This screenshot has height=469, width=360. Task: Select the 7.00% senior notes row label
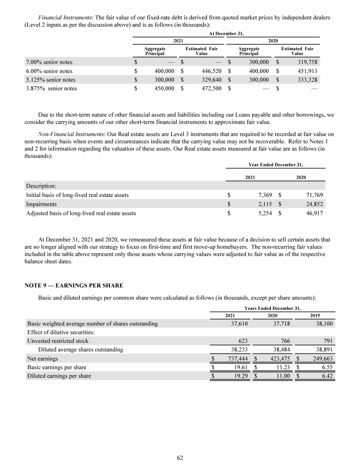point(49,62)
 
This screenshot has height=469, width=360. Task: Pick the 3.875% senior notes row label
point(52,88)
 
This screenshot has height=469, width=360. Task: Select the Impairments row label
point(42,204)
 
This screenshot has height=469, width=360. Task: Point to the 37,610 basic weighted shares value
point(240,323)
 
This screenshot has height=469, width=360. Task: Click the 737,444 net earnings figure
point(237,358)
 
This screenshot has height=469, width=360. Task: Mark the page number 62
point(180,458)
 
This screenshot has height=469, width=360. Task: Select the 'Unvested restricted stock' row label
point(58,341)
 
